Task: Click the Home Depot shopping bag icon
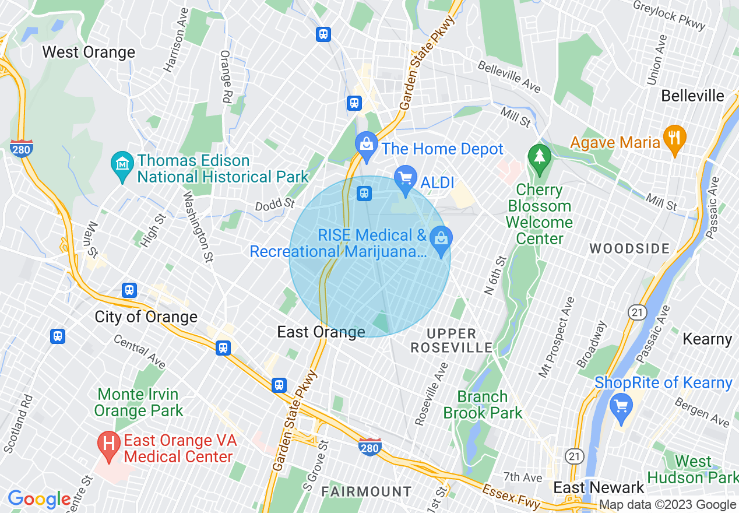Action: coord(366,142)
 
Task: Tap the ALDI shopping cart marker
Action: coord(406,177)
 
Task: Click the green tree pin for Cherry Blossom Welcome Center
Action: coord(540,157)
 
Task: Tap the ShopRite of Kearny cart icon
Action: coord(621,403)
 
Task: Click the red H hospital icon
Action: coord(108,444)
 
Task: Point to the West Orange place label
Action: coord(89,52)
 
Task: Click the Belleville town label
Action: coord(692,96)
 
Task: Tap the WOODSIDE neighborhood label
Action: coord(629,249)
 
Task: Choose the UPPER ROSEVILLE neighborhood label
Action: coord(452,341)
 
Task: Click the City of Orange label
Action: coord(146,317)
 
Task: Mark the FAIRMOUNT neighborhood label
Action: coord(367,491)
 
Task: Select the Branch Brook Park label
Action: coord(483,405)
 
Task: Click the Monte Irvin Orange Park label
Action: coord(139,403)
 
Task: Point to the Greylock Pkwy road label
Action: coord(670,15)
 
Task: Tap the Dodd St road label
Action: coord(275,205)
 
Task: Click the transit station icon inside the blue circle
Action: coord(364,193)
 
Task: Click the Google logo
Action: coord(39,499)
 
